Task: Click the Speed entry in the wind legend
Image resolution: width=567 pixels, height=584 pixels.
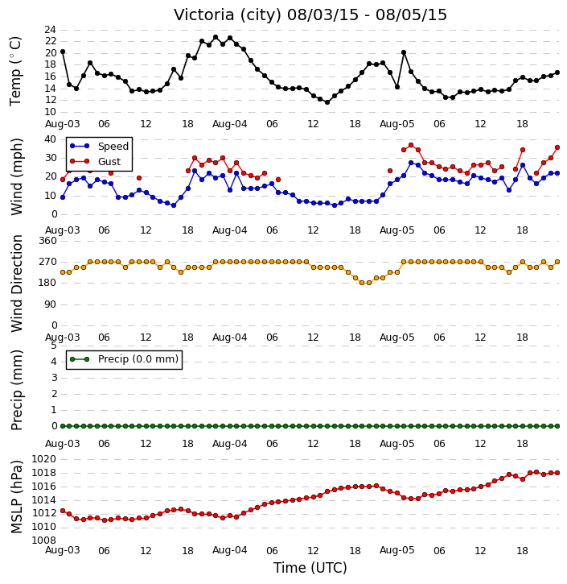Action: coord(100,147)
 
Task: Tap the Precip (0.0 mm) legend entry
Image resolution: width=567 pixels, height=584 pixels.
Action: coord(125,359)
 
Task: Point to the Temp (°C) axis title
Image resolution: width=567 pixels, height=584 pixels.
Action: coord(15,72)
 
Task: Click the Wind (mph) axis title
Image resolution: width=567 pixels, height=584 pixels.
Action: coord(16,176)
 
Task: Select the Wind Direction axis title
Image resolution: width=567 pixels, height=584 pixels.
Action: coord(16,283)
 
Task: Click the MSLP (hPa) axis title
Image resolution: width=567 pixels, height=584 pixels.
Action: coord(16,496)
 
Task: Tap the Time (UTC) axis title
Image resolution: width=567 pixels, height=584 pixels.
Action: coord(310,568)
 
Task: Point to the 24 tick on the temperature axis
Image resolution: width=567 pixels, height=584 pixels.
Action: coord(50,30)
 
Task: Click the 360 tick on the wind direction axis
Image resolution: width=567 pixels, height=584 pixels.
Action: coord(48,241)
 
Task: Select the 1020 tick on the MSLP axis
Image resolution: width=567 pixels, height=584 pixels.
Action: coord(44,459)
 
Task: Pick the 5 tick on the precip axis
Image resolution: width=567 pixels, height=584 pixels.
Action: coord(54,346)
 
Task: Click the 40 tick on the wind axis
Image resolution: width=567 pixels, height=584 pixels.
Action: coord(50,139)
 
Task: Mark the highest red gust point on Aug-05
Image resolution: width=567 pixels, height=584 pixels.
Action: coord(411,145)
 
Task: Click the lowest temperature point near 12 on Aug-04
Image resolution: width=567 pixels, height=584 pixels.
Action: coord(327,102)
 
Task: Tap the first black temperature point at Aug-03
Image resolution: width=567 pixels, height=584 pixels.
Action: coord(63,52)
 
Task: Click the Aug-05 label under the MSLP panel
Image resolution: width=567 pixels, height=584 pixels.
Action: coord(396,550)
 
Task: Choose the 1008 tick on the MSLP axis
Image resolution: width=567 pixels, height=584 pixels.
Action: coord(44,540)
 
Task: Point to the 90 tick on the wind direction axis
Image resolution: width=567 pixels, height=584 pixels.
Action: coord(51,304)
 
